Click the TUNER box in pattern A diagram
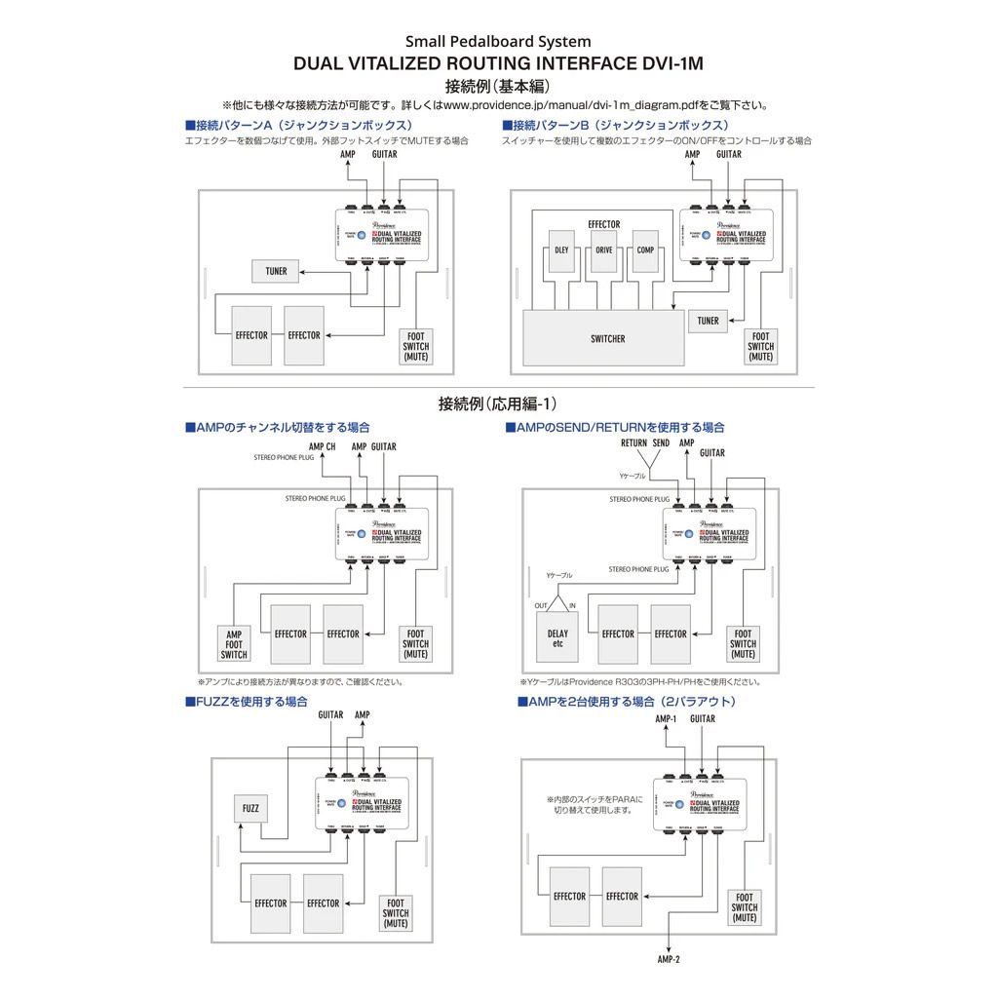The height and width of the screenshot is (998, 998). point(276,270)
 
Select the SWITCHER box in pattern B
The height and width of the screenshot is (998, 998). point(607,339)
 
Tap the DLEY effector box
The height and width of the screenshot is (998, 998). point(561,249)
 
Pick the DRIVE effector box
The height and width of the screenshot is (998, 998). point(604,249)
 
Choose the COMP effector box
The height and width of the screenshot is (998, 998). point(645,249)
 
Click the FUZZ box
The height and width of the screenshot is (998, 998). point(250,809)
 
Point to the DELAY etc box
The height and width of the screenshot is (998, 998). point(557,637)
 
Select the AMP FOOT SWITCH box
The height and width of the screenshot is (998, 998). point(234,643)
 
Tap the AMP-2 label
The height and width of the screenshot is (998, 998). point(669,959)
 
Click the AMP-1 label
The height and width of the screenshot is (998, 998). point(666,718)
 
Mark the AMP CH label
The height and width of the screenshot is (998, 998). point(324,446)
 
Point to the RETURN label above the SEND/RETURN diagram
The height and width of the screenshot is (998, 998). point(633,442)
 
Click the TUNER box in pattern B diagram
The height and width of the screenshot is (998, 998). point(709,321)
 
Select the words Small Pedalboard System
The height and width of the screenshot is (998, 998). point(498,41)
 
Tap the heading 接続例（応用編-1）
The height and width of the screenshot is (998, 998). point(498,403)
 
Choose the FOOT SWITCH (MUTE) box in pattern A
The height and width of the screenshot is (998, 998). point(416,347)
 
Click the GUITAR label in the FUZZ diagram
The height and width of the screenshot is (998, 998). point(330,714)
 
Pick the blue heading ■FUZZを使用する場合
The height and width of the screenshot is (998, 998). point(247,701)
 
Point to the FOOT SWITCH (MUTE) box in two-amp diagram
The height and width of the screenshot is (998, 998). point(745,907)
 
